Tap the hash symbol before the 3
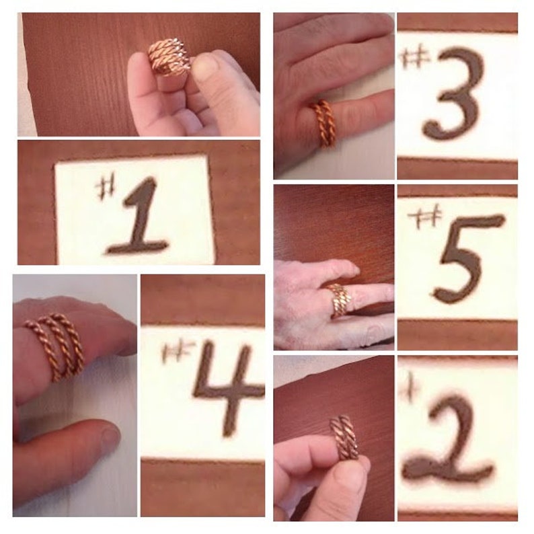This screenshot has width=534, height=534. coord(414,56)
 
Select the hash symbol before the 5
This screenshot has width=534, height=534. coord(425,217)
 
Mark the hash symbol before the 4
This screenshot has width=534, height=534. coord(178,350)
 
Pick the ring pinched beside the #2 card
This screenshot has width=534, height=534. coord(344,437)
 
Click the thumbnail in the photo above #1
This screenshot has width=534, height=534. coord(206,67)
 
